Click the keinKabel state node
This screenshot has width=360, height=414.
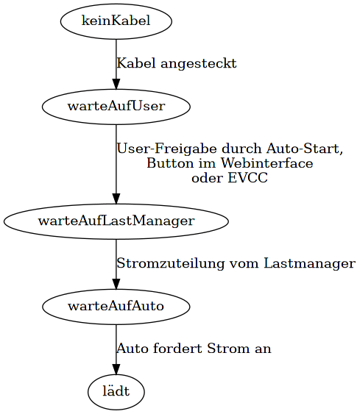pyautogui.click(x=116, y=21)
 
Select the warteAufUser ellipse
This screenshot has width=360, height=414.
pyautogui.click(x=116, y=107)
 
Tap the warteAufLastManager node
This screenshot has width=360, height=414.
pyautogui.click(x=116, y=221)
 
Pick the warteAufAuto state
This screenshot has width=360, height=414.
pyautogui.click(x=116, y=307)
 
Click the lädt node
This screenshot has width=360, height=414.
pyautogui.click(x=116, y=392)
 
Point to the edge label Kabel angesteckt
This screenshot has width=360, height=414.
pyautogui.click(x=177, y=64)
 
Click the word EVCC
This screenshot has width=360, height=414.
pyautogui.click(x=247, y=178)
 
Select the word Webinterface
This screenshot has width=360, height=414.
pyautogui.click(x=267, y=163)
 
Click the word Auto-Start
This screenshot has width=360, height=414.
pyautogui.click(x=304, y=149)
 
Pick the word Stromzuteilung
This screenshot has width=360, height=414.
pyautogui.click(x=171, y=263)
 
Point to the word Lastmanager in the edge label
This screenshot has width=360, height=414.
pyautogui.click(x=309, y=263)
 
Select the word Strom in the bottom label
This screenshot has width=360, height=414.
pyautogui.click(x=228, y=349)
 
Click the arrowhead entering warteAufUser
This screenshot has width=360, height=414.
pyautogui.click(x=116, y=84)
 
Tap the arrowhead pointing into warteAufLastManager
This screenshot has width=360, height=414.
pyautogui.click(x=116, y=199)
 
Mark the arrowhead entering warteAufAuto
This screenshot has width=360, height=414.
pyautogui.click(x=116, y=284)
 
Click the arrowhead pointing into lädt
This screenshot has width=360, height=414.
pyautogui.click(x=116, y=369)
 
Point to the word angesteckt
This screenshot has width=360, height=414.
pyautogui.click(x=199, y=64)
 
